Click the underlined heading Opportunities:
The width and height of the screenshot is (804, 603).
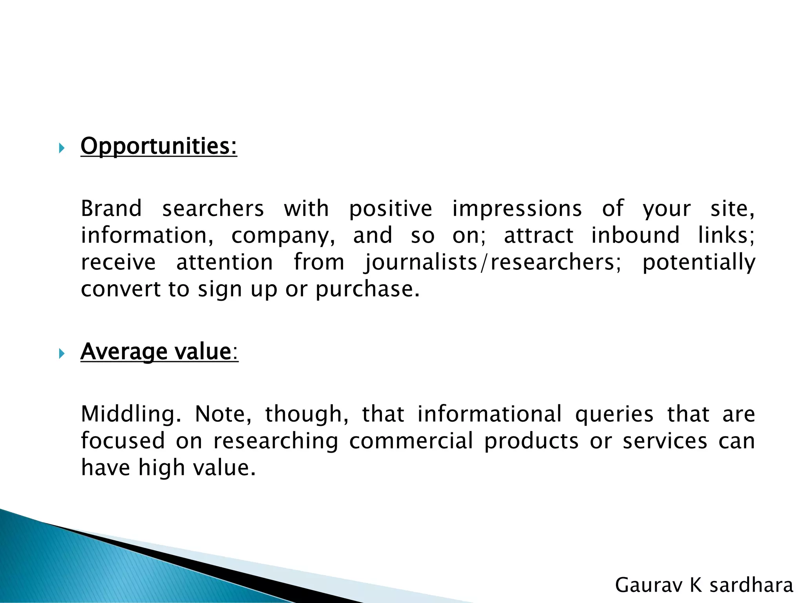pos(159,146)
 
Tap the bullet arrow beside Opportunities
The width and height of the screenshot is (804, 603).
pos(61,148)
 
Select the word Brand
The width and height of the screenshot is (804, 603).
pos(111,208)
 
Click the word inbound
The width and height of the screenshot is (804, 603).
pos(635,235)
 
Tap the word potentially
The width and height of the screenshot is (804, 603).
pos(698,263)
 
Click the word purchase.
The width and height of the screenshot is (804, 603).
pos(367,290)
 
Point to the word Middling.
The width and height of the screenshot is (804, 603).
pos(131,415)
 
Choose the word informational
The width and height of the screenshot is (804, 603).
pos(489,414)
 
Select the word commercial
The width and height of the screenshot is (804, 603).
pos(411,441)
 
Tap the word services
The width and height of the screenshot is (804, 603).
pos(665,441)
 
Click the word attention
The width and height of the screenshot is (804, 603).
pos(225,263)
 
